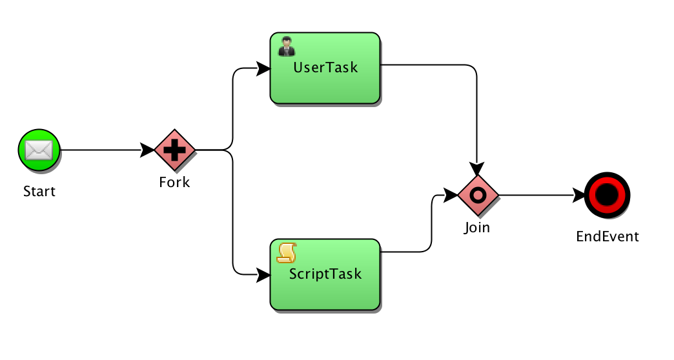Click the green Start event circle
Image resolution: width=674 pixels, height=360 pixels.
pyautogui.click(x=39, y=150)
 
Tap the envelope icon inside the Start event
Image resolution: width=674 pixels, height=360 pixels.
pyautogui.click(x=39, y=150)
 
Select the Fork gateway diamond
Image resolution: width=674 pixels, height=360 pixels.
pyautogui.click(x=174, y=150)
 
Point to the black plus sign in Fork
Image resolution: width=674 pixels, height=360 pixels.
pyautogui.click(x=174, y=150)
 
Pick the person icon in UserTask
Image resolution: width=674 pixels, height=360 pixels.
pyautogui.click(x=287, y=46)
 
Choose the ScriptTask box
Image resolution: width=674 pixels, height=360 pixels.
pyautogui.click(x=325, y=274)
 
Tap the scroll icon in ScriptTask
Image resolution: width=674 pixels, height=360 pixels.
pyautogui.click(x=287, y=253)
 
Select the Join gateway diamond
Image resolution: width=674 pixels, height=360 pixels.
pyautogui.click(x=478, y=195)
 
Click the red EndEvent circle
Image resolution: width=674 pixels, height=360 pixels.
pyautogui.click(x=607, y=195)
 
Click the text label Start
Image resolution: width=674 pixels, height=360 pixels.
pyautogui.click(x=39, y=191)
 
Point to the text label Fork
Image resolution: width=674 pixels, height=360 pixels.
pyautogui.click(x=174, y=182)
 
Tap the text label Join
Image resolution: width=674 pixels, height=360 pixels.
pyautogui.click(x=477, y=227)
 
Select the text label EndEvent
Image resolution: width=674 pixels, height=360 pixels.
pyautogui.click(x=608, y=236)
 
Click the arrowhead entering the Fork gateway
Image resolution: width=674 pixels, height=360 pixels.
pyautogui.click(x=147, y=150)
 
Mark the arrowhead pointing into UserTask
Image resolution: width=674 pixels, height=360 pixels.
pyautogui.click(x=263, y=68)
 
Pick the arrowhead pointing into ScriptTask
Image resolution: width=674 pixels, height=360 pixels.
pyautogui.click(x=263, y=275)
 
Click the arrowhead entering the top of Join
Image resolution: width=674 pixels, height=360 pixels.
pyautogui.click(x=476, y=169)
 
